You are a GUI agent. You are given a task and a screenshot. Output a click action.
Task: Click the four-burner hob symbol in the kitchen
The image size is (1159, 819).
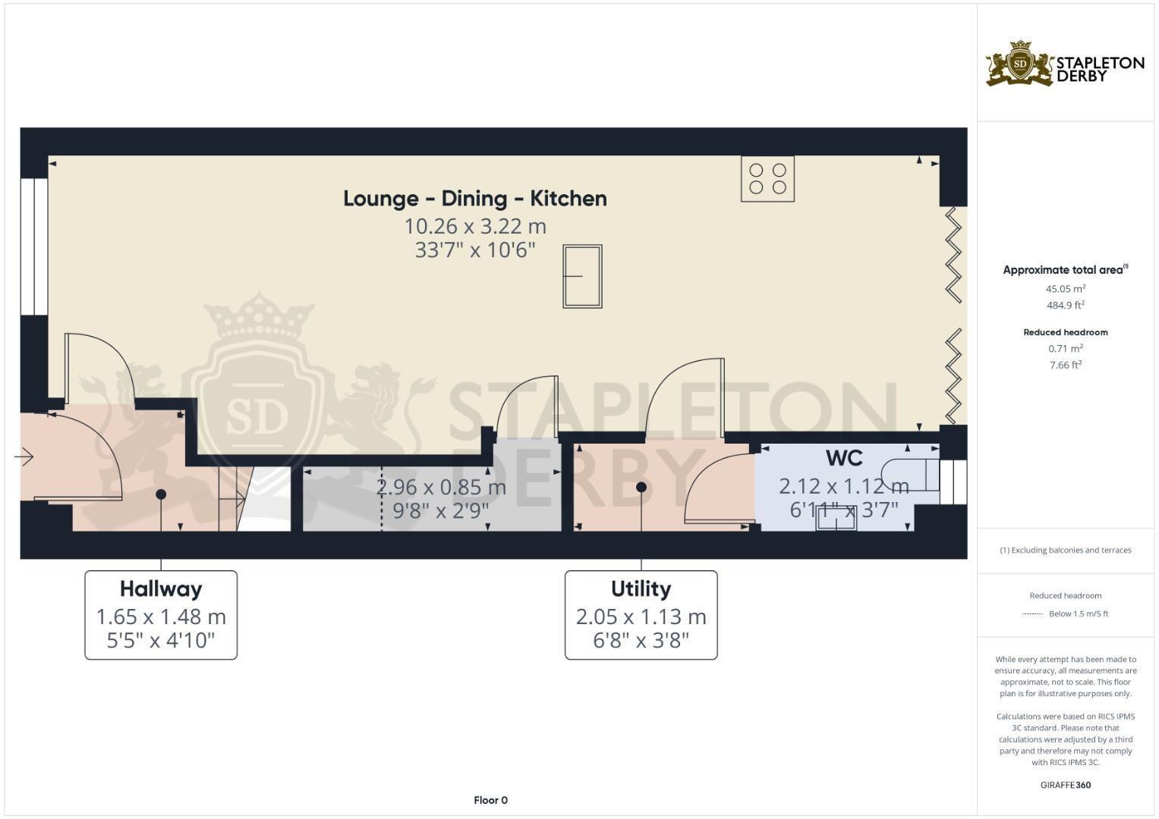767,178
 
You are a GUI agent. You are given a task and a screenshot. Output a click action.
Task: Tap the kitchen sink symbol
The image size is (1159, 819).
582,276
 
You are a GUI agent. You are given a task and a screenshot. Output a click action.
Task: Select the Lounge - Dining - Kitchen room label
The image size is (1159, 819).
474,199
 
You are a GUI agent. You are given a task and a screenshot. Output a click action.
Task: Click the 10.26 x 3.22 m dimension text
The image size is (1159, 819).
474,226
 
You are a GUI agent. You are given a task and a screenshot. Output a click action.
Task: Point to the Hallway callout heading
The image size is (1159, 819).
161,589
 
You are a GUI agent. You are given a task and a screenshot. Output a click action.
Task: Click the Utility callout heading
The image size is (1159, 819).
641,589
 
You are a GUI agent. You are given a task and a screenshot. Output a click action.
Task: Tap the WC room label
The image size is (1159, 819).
843,458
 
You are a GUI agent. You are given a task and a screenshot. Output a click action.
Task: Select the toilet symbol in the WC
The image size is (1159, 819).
911,474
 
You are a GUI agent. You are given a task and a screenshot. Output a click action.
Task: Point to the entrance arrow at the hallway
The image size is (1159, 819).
24,457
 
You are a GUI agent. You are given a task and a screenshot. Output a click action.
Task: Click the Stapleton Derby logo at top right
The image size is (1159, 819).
1065,64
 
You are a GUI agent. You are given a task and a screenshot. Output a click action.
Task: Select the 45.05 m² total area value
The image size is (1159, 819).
1065,289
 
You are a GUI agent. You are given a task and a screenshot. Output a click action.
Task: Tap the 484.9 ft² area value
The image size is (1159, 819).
1065,306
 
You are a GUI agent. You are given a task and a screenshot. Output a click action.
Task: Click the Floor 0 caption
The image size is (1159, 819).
490,800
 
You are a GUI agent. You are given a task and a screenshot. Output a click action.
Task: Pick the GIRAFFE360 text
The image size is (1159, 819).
1065,785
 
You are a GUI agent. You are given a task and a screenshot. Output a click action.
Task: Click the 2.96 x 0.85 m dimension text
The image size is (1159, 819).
441,487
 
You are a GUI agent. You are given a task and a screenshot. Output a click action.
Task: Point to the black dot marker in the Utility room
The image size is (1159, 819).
641,487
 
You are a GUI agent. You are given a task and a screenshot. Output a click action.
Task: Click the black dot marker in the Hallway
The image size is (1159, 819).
161,494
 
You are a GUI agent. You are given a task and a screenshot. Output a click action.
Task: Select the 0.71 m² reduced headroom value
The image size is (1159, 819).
1065,349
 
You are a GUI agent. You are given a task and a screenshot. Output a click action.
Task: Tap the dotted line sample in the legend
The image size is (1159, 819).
1033,613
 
